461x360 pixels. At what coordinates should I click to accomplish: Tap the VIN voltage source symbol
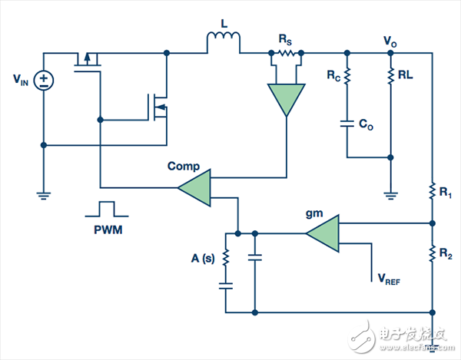(44, 80)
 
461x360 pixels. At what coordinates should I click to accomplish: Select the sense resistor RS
(286, 53)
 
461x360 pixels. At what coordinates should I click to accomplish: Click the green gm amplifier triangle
(322, 233)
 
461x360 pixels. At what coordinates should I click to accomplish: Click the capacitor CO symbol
(347, 122)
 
